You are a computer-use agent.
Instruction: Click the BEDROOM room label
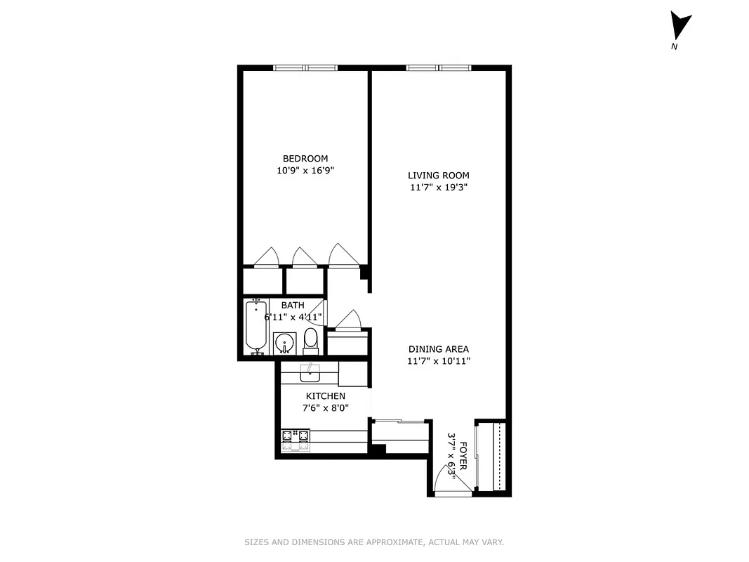[x=305, y=159]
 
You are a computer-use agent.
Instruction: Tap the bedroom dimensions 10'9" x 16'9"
[x=305, y=171]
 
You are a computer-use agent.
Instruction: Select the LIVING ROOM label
[x=439, y=176]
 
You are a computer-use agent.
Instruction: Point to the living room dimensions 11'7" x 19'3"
[x=439, y=188]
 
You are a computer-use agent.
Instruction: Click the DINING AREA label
[x=439, y=349]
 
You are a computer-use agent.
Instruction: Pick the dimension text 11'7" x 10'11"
[x=439, y=361]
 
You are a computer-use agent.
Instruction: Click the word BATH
[x=293, y=306]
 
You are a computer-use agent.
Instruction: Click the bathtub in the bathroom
[x=256, y=327]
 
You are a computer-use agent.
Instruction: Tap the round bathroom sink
[x=284, y=344]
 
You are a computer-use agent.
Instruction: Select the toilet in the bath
[x=310, y=341]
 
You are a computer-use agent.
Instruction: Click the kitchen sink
[x=310, y=372]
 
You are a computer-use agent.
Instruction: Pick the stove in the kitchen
[x=296, y=440]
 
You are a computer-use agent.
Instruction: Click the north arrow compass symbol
[x=678, y=27]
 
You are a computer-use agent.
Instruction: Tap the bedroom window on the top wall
[x=305, y=68]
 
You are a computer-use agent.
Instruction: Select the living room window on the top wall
[x=438, y=68]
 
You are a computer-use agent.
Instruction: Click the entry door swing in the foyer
[x=445, y=481]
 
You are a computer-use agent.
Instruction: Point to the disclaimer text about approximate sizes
[x=374, y=542]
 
